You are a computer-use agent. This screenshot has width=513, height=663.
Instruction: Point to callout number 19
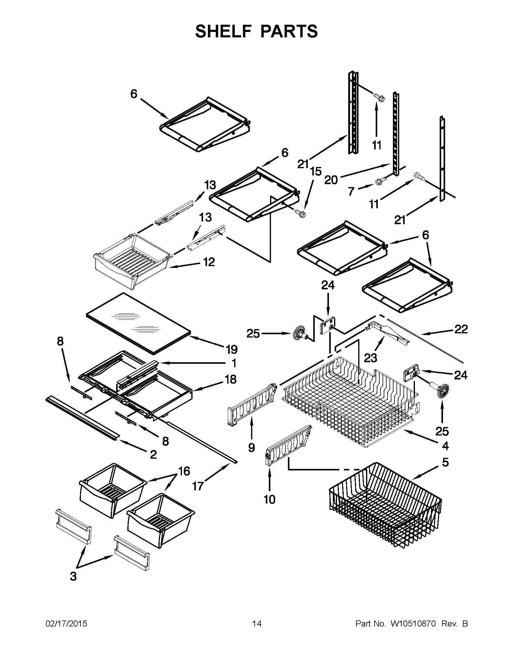[x=231, y=349]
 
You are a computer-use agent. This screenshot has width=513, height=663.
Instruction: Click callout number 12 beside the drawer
[x=209, y=262]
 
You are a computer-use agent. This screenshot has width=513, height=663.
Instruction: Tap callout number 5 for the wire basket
[x=445, y=462]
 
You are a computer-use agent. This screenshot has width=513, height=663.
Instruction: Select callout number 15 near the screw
[x=316, y=171]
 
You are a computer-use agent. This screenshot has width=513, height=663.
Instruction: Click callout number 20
[x=331, y=180]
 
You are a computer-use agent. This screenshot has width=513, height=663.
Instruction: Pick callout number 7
[x=351, y=192]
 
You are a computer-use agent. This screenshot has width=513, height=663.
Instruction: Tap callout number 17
[x=198, y=486]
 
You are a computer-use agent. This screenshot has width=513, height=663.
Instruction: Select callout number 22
[x=461, y=329]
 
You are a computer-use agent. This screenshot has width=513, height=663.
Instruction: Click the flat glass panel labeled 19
[x=138, y=323]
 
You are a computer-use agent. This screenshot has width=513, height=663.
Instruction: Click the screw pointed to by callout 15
[x=300, y=213]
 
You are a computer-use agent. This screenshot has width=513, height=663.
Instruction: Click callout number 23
[x=371, y=358]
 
